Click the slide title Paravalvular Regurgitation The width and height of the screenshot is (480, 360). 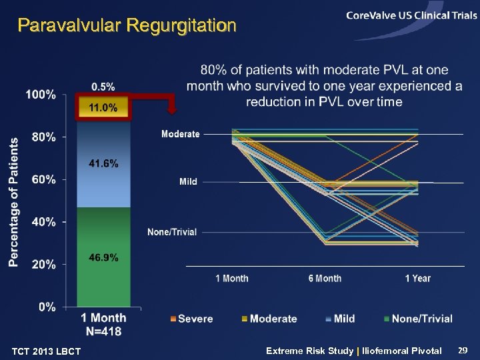click(127, 26)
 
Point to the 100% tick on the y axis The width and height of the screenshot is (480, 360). click(41, 95)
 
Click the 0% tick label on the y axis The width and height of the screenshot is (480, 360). click(46, 307)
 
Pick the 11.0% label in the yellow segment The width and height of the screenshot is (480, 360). click(103, 107)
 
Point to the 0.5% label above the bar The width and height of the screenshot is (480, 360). click(103, 86)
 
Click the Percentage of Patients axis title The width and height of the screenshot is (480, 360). click(13, 202)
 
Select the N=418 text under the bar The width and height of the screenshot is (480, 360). click(103, 330)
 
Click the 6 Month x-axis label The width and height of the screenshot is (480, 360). click(325, 278)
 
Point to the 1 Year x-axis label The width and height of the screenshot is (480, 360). click(417, 278)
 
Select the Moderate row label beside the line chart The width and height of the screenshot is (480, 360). click(180, 134)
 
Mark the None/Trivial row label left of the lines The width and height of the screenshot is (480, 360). click(172, 232)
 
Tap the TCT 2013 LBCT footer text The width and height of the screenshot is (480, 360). click(47, 351)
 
